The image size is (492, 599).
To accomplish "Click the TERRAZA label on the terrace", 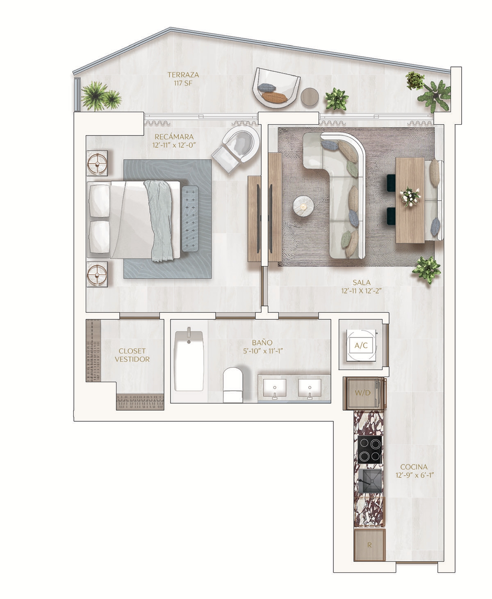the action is click(x=183, y=75).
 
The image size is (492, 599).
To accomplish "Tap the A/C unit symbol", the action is click(x=361, y=345).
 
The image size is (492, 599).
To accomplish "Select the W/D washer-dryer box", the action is click(x=363, y=393).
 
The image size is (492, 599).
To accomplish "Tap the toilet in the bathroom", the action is click(x=233, y=385).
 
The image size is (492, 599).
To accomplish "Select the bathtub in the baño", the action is click(x=189, y=360).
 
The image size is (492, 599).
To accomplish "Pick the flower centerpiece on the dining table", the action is click(x=410, y=196).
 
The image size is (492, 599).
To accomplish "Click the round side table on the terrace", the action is click(x=310, y=97).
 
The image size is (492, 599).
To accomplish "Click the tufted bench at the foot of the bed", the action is click(x=189, y=218).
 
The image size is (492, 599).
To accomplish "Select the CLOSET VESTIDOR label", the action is click(x=132, y=355).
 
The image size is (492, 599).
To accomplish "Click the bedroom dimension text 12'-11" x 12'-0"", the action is click(x=174, y=145).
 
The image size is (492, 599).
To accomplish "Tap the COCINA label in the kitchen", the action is click(x=414, y=467).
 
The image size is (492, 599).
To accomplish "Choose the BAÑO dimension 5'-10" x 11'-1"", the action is click(x=263, y=351).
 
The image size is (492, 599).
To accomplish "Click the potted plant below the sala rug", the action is click(x=426, y=270).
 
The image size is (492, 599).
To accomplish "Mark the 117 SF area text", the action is click(x=183, y=83).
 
